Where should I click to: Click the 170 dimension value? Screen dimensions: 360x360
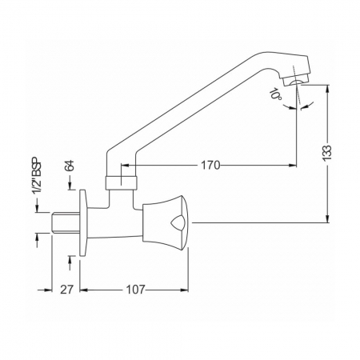tap(210, 166)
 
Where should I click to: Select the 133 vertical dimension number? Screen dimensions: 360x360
tap(327, 152)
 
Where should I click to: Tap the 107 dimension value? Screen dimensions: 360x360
tap(135, 290)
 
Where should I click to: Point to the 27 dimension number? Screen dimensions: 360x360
tap(66, 290)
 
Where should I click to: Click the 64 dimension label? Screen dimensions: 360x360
tap(70, 166)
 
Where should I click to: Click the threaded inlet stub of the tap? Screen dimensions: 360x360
tap(65, 222)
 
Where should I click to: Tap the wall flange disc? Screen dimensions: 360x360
tap(83, 223)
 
